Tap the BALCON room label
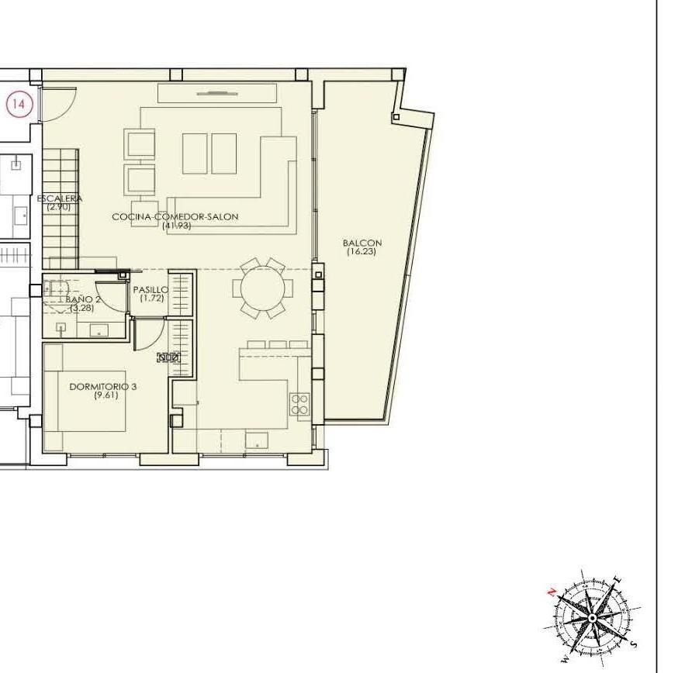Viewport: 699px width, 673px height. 362,243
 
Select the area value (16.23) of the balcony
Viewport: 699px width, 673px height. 362,251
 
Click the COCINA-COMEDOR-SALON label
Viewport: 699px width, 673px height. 175,217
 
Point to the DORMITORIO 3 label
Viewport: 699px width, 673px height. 102,386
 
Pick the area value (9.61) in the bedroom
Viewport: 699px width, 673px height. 102,395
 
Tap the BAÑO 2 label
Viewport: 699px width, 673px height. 83,299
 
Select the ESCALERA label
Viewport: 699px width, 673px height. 60,198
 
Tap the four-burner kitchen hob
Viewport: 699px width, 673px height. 299,404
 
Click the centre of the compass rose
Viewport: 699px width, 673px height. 593,618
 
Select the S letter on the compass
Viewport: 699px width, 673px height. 634,644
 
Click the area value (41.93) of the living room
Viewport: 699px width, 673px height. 176,226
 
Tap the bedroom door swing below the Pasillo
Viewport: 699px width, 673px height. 147,334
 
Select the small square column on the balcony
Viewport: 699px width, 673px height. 396,117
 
